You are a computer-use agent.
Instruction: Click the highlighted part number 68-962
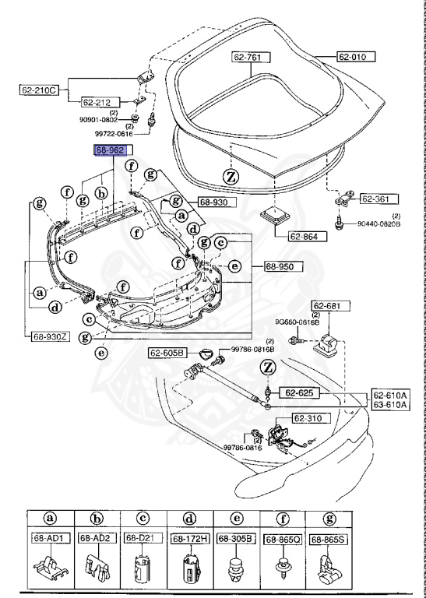click(x=110, y=149)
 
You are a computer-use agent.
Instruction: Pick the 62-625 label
click(x=297, y=392)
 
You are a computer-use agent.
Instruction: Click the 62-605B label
click(x=167, y=353)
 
